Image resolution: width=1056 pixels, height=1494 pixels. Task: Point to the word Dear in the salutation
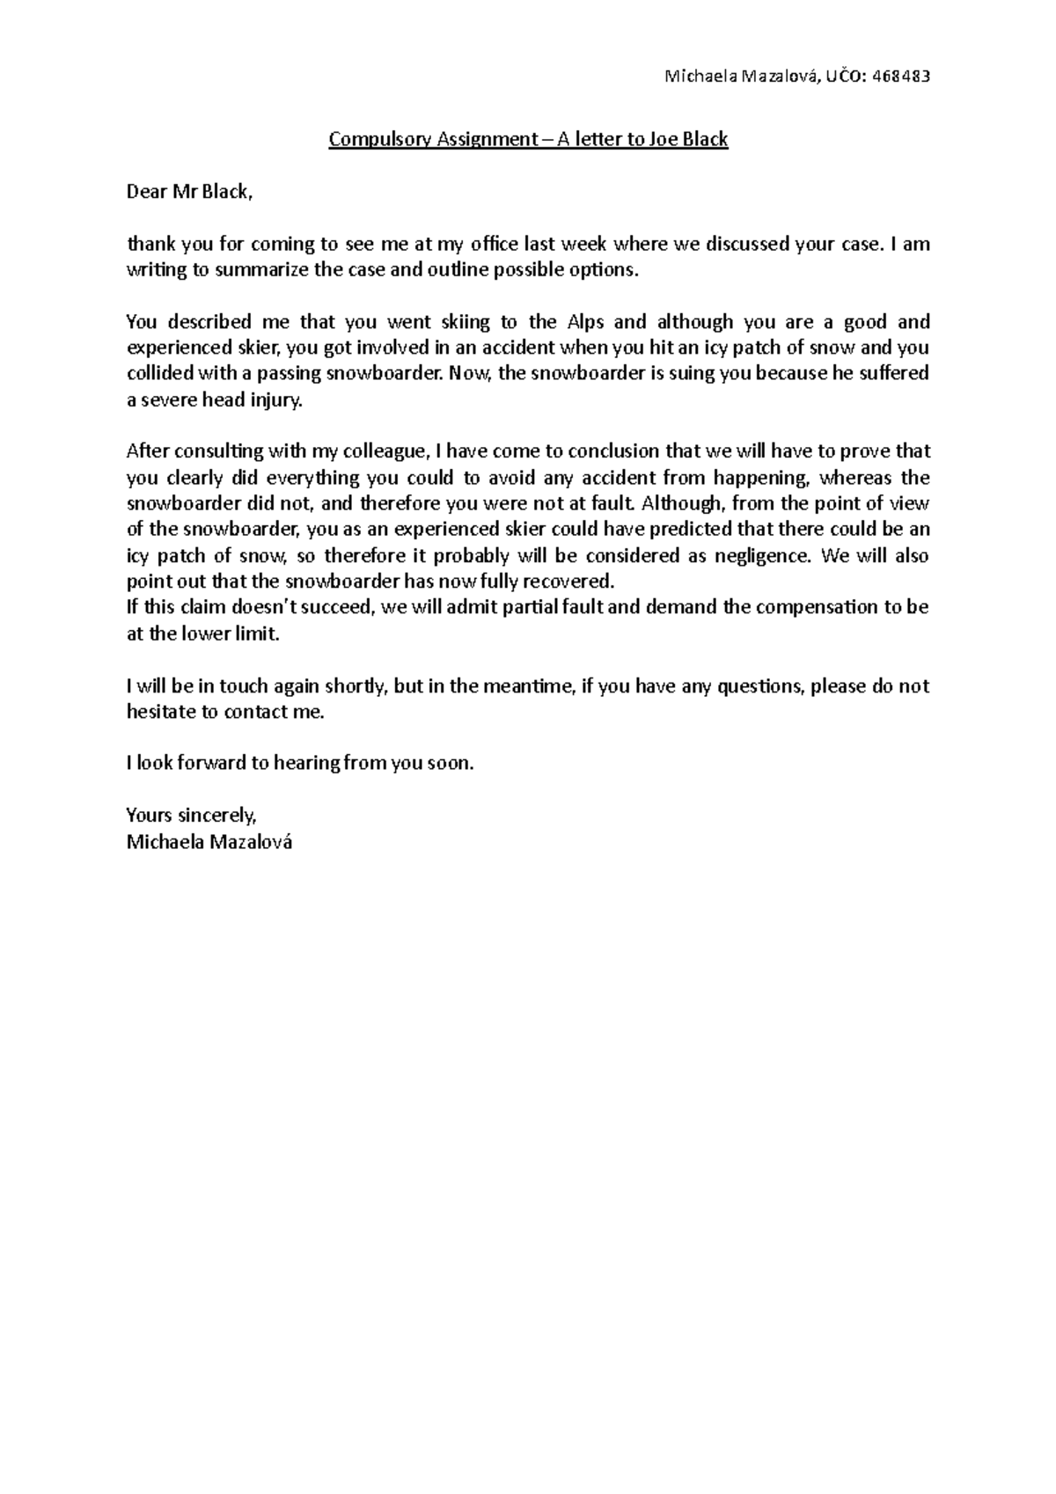[147, 192]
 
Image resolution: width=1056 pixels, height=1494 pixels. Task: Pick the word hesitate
[161, 712]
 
